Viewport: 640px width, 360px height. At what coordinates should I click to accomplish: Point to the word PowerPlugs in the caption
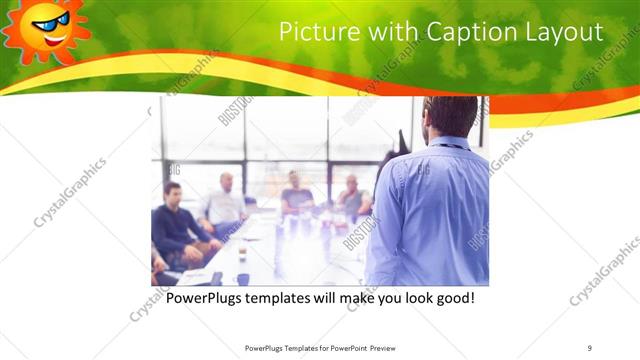click(x=204, y=298)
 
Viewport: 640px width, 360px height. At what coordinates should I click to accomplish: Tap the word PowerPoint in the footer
click(x=343, y=348)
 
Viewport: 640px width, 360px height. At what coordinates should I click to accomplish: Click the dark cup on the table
click(x=242, y=278)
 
